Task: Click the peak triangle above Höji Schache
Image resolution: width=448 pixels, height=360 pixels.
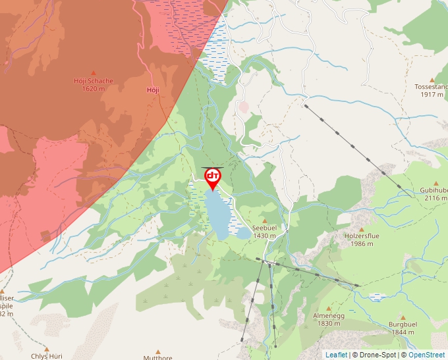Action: coord(93,73)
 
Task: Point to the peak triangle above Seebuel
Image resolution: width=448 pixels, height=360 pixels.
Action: coord(265,220)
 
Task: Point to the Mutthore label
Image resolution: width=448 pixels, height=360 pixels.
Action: coord(158,357)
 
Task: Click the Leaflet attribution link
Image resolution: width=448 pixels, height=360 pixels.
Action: coord(336,355)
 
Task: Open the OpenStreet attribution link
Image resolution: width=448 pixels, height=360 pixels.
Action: coord(426,355)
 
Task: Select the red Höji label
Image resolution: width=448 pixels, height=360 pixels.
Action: coord(153,90)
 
